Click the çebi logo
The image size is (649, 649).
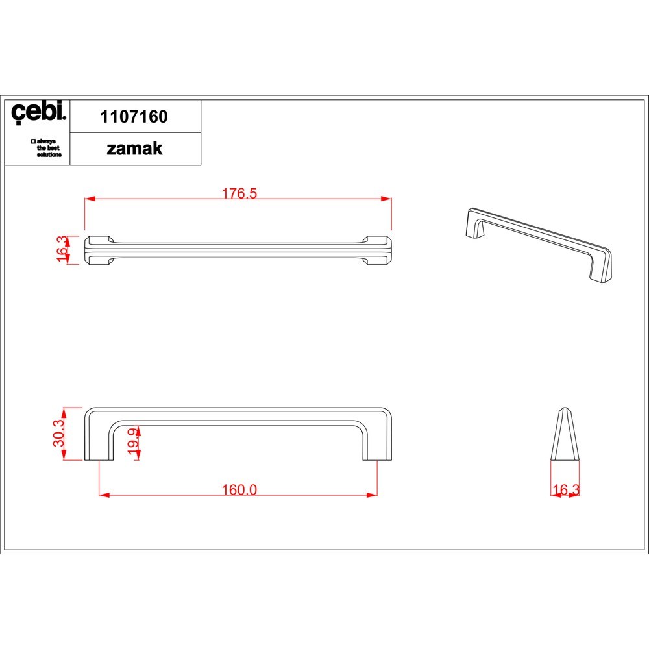38,112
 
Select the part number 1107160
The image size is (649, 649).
134,117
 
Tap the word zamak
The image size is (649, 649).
134,149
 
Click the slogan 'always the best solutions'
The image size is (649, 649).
46,148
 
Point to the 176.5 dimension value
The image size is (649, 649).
239,193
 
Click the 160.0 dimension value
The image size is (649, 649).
239,489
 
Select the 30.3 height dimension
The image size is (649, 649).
59,433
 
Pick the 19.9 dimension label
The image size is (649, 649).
133,441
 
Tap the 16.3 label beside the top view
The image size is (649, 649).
62,249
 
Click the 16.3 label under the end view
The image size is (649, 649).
565,489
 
